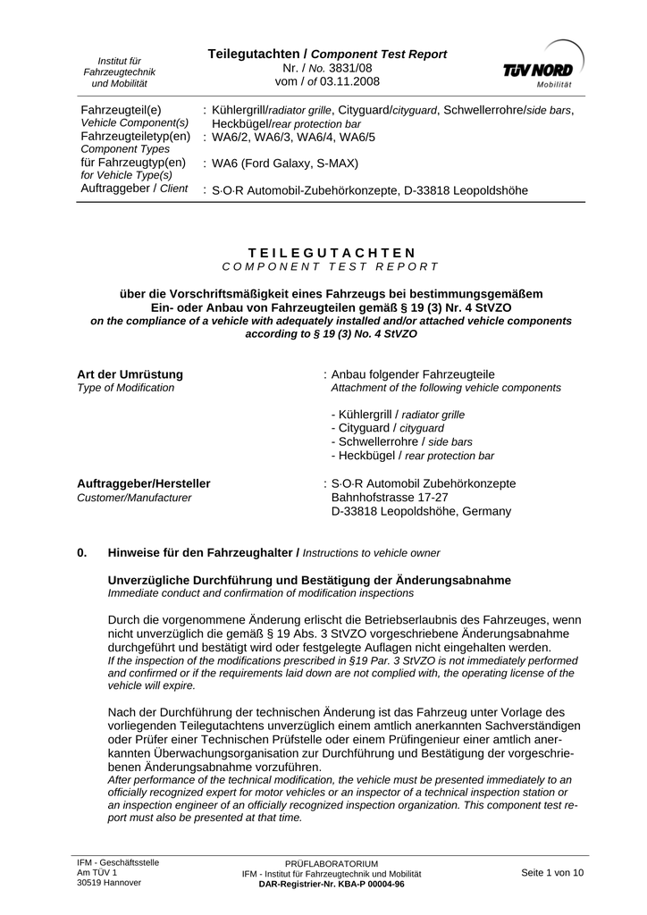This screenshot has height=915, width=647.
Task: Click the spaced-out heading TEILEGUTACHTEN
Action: [x=331, y=254]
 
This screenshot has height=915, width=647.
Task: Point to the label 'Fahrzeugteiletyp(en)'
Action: [x=136, y=136]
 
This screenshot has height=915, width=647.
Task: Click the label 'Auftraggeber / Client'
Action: [x=134, y=189]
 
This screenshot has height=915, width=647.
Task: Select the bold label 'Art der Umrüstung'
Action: [x=130, y=374]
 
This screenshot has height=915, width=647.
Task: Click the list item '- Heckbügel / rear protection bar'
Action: [x=411, y=455]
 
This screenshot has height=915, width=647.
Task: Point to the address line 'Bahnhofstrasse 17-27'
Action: [x=390, y=497]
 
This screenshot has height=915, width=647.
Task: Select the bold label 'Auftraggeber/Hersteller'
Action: [x=144, y=483]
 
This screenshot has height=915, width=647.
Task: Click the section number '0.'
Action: [x=83, y=552]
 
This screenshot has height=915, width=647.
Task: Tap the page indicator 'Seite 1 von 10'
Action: [x=552, y=873]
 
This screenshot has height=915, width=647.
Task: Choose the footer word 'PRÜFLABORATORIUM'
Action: [x=332, y=864]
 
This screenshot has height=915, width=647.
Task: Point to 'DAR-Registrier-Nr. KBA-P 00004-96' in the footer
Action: [x=332, y=884]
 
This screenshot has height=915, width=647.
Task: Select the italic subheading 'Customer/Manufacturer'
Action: [x=134, y=498]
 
